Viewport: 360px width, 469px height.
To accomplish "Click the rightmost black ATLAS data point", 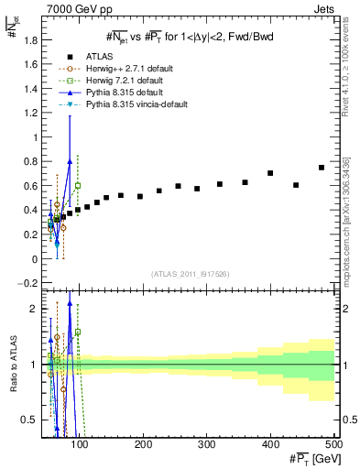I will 322,168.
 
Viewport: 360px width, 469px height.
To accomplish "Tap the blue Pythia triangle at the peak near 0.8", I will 70,161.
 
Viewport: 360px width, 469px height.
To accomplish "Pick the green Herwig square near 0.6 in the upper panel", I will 78,185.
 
